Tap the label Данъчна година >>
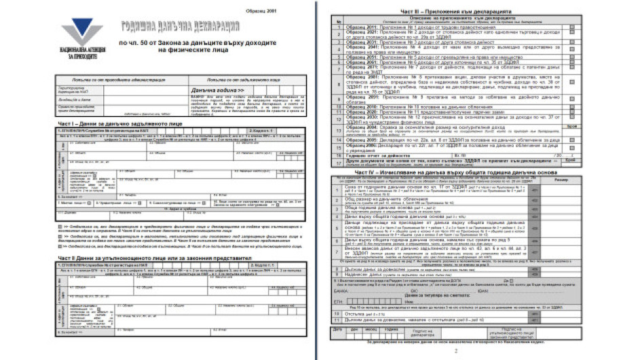200,90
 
